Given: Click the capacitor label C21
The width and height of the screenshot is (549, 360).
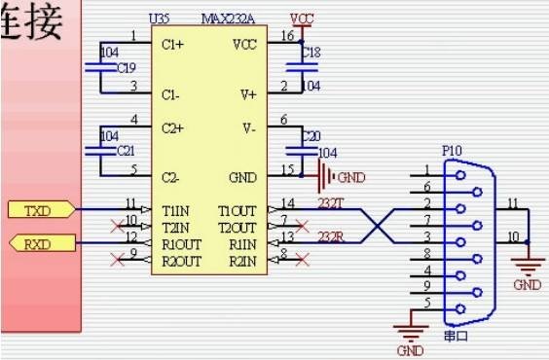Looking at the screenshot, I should (126, 152).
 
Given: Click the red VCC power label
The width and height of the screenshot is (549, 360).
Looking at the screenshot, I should (302, 18).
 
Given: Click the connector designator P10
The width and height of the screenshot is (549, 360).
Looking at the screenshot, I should (452, 153).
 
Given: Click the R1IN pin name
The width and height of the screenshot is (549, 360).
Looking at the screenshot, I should (240, 242).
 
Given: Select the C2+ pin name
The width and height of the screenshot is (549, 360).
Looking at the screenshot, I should (172, 128).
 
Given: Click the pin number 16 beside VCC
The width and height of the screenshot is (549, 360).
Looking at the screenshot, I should (286, 35).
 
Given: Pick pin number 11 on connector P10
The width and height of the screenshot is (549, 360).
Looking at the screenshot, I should (512, 203).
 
